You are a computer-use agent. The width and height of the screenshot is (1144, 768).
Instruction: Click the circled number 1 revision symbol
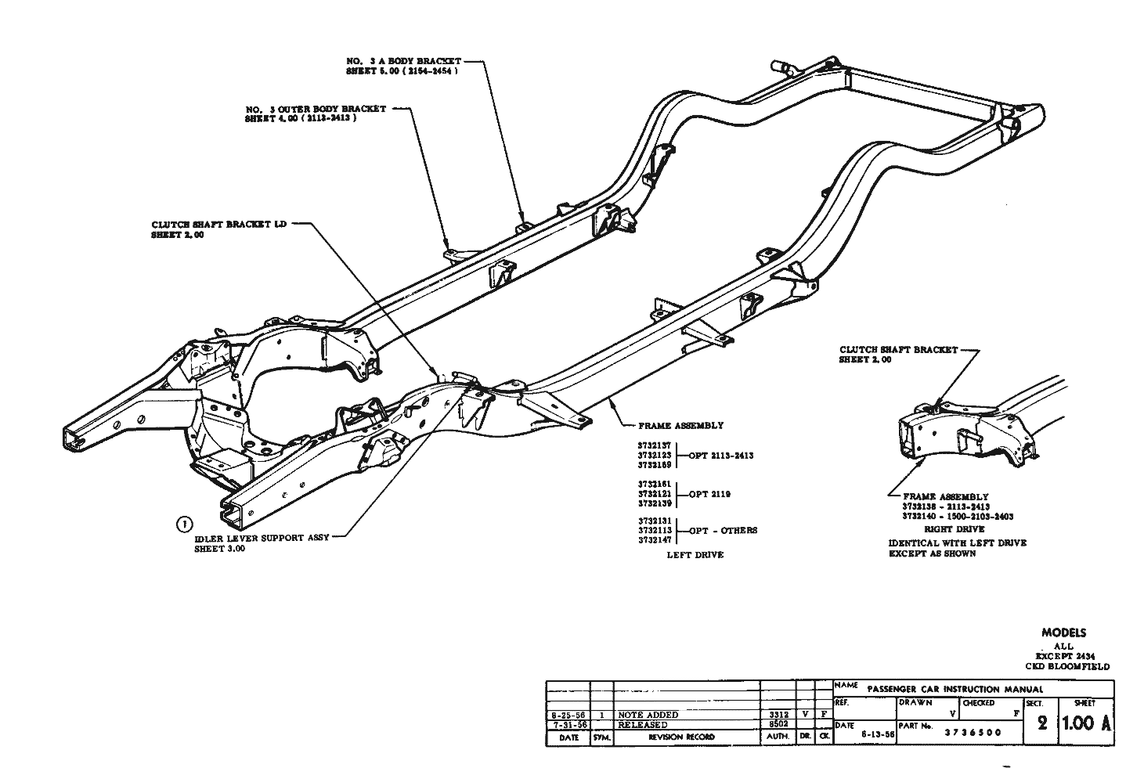pos(185,524)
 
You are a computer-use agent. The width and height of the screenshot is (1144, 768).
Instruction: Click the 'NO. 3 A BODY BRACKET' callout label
pos(403,61)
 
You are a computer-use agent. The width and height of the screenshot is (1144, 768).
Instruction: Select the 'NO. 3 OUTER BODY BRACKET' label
pos(316,109)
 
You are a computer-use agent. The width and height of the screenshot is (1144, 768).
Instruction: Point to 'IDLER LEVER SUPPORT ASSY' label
pos(262,538)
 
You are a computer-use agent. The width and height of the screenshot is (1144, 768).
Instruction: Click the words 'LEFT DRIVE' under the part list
pos(695,555)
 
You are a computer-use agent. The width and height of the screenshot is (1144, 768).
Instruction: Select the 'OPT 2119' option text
pos(710,494)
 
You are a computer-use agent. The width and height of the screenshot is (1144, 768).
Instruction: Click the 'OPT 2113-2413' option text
pos(721,456)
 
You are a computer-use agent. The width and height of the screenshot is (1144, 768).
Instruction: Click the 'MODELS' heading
pos(1063,633)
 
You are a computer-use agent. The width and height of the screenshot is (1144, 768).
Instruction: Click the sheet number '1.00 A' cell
pos(1086,723)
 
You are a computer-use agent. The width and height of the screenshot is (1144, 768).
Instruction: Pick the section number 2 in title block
pos(1041,723)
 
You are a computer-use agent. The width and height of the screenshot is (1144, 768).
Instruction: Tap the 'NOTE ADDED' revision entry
pos(648,715)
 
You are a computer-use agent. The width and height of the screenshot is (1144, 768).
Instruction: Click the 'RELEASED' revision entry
pos(643,725)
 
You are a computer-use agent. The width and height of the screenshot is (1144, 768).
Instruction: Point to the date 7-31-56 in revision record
pos(566,725)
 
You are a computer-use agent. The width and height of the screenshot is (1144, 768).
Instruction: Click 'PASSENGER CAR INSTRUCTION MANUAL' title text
pos(955,689)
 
